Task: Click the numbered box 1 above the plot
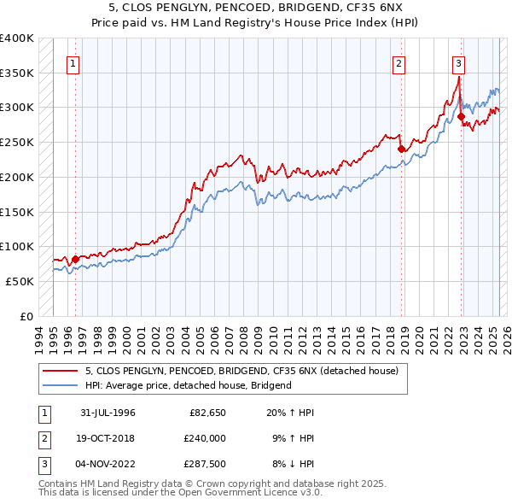point(73,62)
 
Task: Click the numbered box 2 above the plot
point(398,62)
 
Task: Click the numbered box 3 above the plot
point(458,62)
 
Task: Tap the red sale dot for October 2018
point(401,149)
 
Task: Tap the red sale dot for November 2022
point(461,116)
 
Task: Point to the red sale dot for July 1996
point(75,259)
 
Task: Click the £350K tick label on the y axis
point(17,73)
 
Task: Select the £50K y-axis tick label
point(20,281)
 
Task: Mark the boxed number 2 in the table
point(42,437)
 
